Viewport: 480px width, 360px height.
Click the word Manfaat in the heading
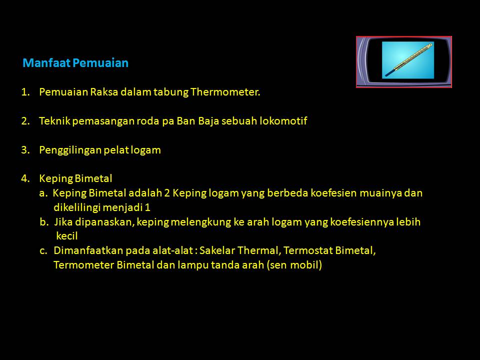point(47,63)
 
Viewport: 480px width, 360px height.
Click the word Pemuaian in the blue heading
point(100,63)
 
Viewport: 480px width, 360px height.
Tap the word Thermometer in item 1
point(225,92)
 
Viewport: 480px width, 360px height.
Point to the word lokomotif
point(283,121)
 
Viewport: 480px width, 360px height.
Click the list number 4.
point(25,178)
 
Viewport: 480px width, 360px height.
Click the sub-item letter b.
point(44,222)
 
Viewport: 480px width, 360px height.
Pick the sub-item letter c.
point(43,251)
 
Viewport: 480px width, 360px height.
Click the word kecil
point(66,236)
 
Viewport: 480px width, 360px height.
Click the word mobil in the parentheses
point(304,265)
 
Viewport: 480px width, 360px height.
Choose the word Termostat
point(307,250)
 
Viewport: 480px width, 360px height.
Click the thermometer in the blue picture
point(408,59)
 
